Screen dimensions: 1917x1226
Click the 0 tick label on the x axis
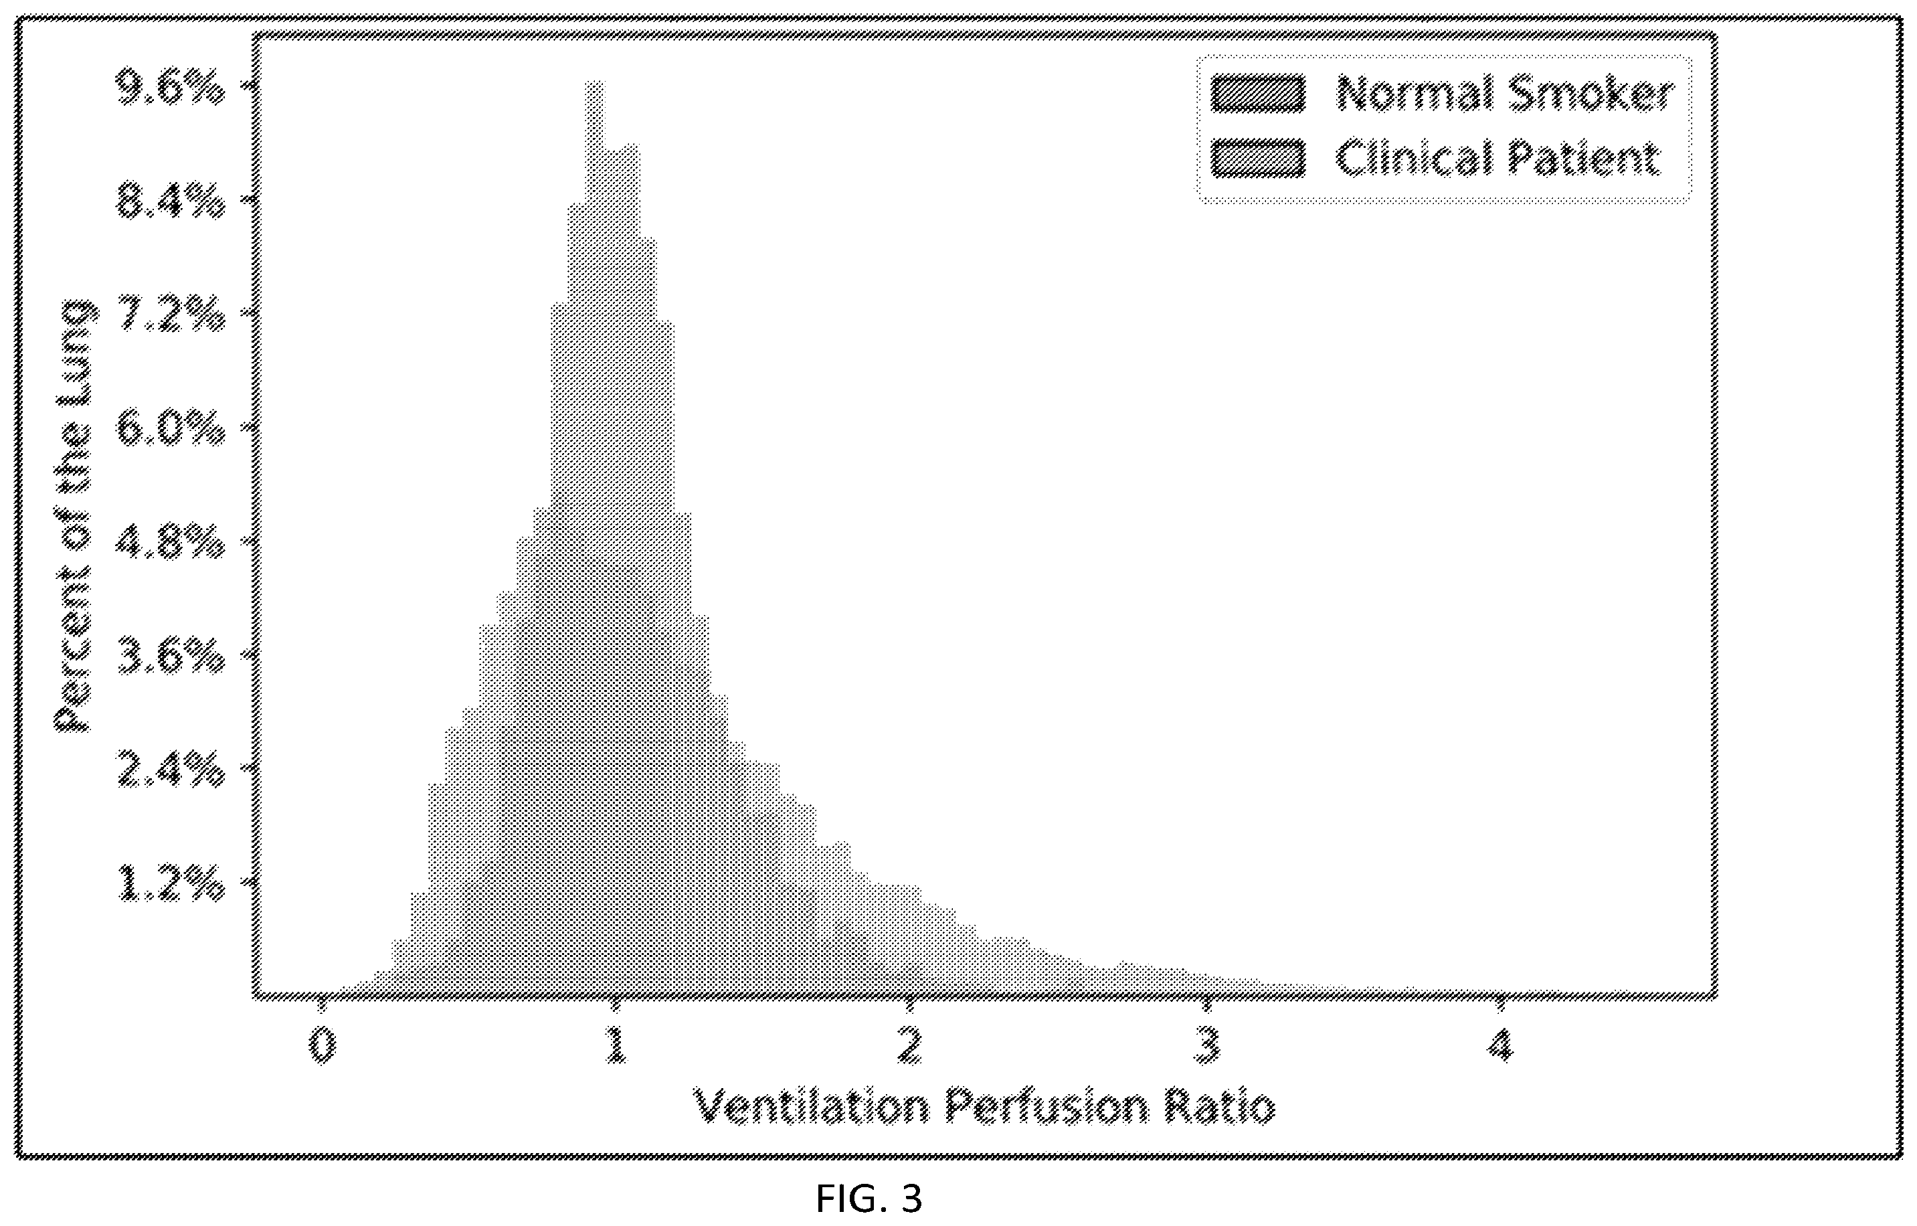click(322, 1046)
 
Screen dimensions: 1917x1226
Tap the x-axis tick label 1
click(616, 1046)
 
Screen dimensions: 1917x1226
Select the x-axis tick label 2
click(910, 1046)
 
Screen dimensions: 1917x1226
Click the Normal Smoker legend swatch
click(1258, 93)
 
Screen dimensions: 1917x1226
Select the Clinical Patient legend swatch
click(1258, 158)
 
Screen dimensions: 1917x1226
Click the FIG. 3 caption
click(869, 1198)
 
